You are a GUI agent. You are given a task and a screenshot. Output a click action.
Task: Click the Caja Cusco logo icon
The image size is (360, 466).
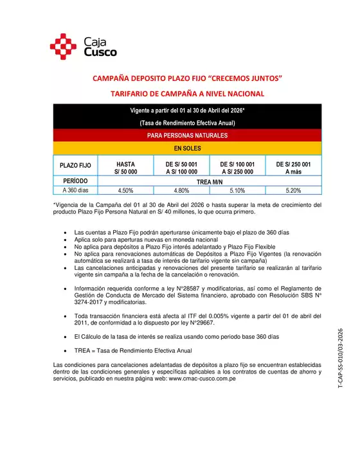tap(64, 46)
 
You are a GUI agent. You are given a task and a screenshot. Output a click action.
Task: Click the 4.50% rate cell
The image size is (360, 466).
tap(125, 191)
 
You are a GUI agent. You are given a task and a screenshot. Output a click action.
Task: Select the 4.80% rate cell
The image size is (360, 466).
tap(181, 191)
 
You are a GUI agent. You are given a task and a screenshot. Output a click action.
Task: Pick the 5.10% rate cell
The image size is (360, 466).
tap(237, 191)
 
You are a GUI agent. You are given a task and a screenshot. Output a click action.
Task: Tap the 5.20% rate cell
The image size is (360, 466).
tap(292, 191)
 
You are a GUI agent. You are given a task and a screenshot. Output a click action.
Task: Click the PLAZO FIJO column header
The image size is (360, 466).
tap(75, 166)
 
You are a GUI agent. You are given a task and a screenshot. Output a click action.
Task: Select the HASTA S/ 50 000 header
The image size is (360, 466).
tap(125, 167)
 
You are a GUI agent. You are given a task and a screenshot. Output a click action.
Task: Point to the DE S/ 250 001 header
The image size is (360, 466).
tap(292, 167)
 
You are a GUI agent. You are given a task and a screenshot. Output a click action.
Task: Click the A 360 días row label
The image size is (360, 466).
tap(75, 191)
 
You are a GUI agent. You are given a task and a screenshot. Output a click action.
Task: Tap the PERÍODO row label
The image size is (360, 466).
tap(75, 181)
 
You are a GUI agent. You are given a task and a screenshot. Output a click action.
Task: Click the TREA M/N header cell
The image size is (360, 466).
tap(209, 181)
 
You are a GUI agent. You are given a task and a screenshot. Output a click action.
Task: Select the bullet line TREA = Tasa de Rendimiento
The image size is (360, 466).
tap(133, 351)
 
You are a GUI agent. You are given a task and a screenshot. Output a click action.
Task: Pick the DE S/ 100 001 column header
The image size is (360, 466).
tap(237, 167)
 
